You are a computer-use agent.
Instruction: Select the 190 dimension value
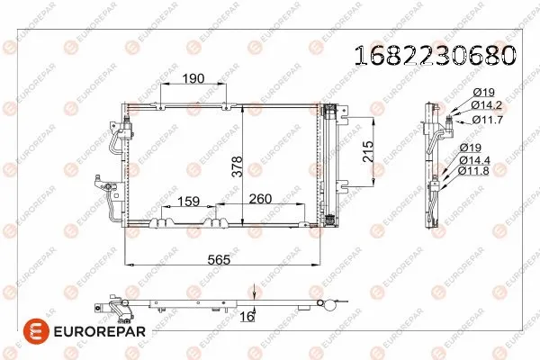point(192,78)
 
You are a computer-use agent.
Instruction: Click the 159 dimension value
point(188,202)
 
